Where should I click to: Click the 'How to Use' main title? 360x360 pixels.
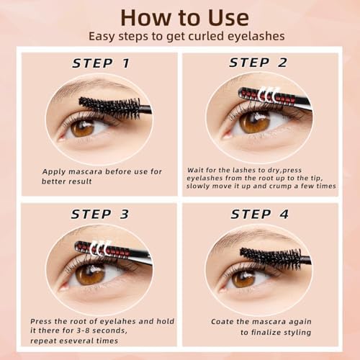pos(185,18)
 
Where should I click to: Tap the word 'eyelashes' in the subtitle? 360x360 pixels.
pos(256,37)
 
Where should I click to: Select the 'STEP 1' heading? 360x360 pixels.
pos(101,63)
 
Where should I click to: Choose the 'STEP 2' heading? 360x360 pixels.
pos(258,63)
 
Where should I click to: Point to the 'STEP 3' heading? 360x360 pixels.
pos(100,214)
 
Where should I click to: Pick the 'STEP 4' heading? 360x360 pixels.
pos(260,214)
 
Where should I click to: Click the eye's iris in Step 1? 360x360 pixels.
pos(83,128)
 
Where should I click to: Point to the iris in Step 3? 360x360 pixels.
pos(90,274)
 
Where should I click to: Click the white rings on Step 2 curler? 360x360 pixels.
pos(269,94)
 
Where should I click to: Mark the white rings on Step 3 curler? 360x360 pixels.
pos(101,248)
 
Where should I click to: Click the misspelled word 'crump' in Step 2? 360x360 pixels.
pos(282,186)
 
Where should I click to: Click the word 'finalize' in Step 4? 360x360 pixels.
pos(266,333)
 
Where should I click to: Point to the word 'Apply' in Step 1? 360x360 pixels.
pos(54,172)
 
